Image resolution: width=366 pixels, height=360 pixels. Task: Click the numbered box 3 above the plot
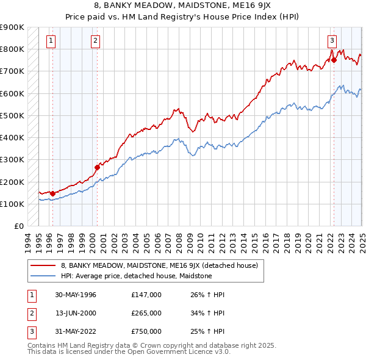click(332, 41)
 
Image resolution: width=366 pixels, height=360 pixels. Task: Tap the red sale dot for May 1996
click(52, 193)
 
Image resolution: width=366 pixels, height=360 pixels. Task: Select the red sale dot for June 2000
click(97, 167)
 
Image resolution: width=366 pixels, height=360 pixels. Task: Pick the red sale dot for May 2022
click(334, 60)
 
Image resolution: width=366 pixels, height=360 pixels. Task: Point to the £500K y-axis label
click(12, 115)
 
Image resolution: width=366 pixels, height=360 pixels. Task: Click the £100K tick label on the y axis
click(12, 204)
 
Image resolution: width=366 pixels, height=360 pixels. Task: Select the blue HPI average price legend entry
click(136, 276)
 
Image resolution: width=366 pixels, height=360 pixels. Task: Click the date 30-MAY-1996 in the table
click(76, 295)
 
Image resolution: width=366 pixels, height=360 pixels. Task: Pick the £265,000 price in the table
click(146, 313)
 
